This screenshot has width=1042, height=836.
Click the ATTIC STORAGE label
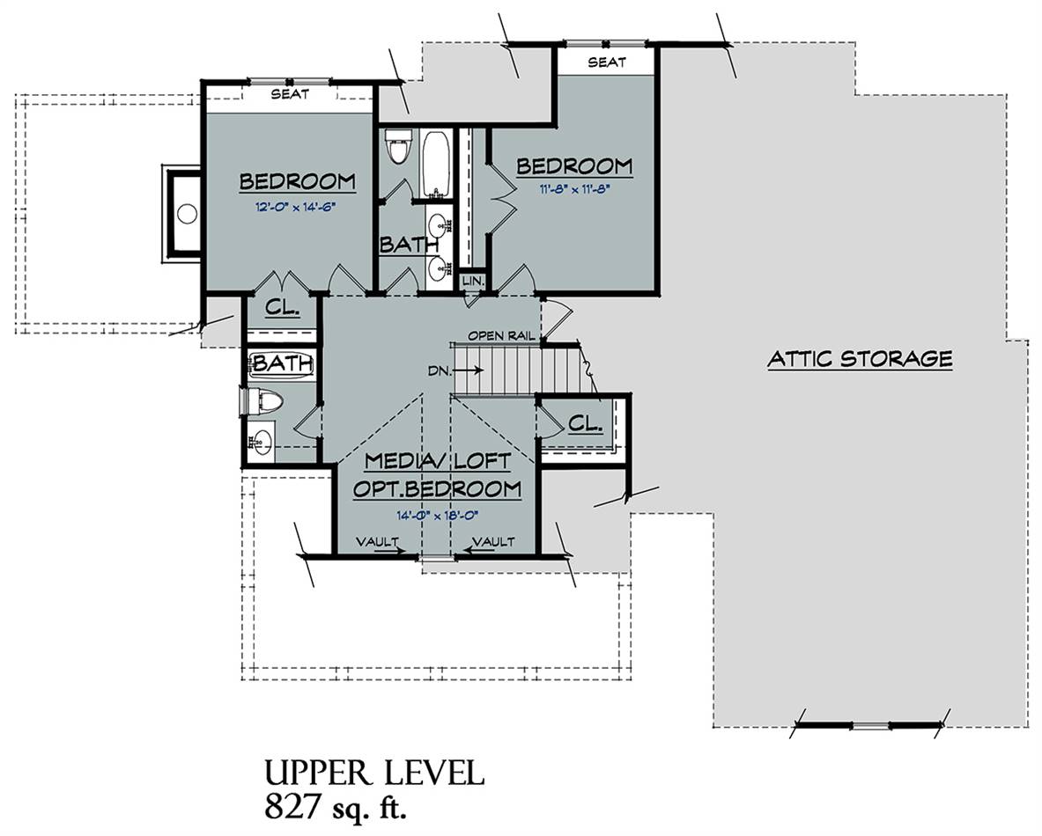tap(860, 358)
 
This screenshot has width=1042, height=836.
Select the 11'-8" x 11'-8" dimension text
tap(574, 188)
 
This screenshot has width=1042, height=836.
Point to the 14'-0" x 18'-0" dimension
tap(437, 515)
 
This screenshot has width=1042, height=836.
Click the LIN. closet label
tap(473, 282)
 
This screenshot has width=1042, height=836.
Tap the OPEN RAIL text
tap(502, 335)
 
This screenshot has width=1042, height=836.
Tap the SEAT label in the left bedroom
tap(290, 93)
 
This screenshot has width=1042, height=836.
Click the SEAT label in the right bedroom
tap(607, 62)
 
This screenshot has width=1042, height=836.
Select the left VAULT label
tap(377, 542)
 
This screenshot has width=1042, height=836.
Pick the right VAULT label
tap(493, 542)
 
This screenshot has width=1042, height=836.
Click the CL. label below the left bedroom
tap(283, 308)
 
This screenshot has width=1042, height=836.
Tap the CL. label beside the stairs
tap(586, 422)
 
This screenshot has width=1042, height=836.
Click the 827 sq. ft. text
tap(336, 808)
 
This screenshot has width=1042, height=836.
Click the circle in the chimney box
tap(188, 215)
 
